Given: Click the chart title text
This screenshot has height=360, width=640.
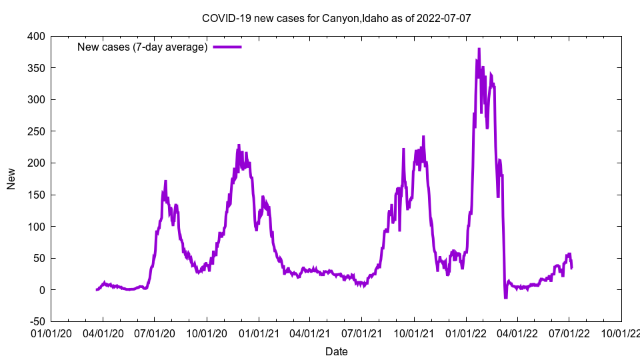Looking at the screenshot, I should tap(336, 18).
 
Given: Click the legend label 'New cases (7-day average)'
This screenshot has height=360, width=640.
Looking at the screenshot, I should tap(143, 47).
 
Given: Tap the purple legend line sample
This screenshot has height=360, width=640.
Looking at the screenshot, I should tap(227, 47).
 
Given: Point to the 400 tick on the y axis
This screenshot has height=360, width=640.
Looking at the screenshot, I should tap(36, 36).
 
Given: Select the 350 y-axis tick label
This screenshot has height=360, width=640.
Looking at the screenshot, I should tap(36, 68).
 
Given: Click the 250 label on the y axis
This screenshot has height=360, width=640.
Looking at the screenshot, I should tap(36, 131).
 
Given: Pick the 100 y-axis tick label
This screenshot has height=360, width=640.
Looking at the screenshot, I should tap(36, 227).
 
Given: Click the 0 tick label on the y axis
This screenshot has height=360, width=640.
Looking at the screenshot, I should tap(42, 290).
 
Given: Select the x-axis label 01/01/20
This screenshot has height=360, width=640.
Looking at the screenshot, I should tap(51, 332).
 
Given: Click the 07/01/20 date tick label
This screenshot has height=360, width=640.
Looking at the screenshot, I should tap(155, 332).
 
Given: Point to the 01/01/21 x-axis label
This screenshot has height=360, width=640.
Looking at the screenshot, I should tap(259, 332).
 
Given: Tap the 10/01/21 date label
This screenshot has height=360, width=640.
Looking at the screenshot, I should tap(414, 332).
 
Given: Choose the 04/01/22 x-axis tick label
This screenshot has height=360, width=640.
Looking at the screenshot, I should tap(517, 332).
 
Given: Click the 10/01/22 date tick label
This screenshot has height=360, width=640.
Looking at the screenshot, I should tap(621, 332).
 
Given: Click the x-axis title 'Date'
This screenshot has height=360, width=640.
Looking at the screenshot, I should tap(336, 351).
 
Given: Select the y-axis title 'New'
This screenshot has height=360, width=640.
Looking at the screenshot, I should tap(11, 179).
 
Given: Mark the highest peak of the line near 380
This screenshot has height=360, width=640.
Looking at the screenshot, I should tap(479, 49).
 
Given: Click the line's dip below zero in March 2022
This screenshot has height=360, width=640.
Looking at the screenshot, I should tap(505, 297).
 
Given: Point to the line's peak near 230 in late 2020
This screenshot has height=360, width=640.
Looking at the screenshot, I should tap(239, 145).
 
